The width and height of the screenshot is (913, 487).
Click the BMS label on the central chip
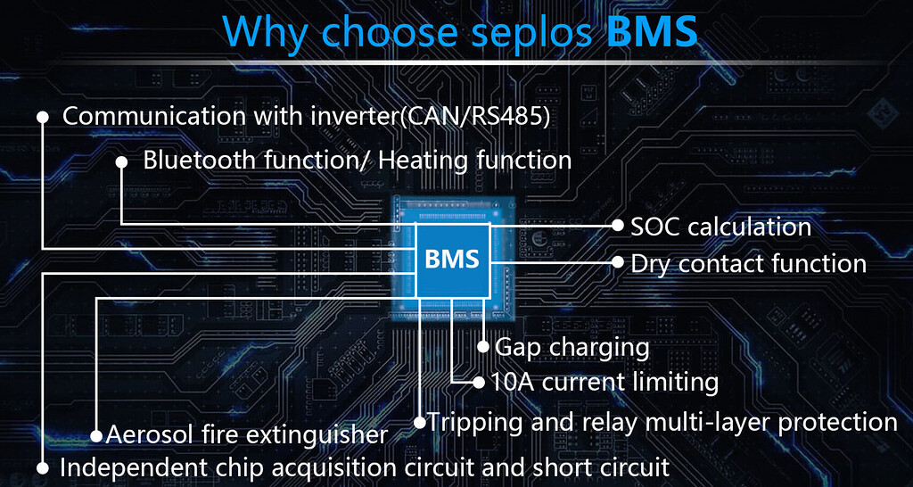452,260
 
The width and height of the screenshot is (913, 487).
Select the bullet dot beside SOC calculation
618,226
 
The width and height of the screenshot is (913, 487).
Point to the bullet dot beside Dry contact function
618,262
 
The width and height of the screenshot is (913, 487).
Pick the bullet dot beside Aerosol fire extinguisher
96,436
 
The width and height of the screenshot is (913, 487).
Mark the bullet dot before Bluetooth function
122,161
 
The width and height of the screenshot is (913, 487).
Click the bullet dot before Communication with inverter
42,117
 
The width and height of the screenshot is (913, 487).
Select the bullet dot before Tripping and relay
420,422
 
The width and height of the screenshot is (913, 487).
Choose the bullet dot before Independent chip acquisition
42,466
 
